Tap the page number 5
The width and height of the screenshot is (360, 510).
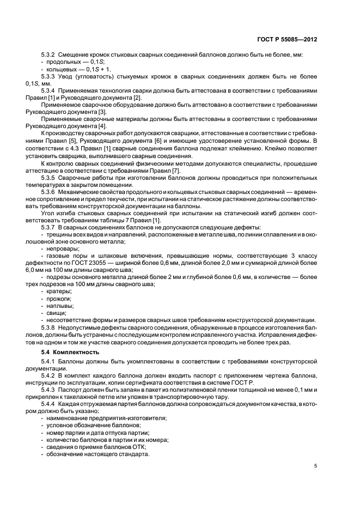click(x=316, y=466)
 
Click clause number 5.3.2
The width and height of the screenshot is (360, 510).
click(x=50, y=56)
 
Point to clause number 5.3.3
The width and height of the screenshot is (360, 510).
click(x=50, y=77)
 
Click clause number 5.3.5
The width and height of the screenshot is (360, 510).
click(x=50, y=178)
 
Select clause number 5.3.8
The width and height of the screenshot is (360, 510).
click(x=50, y=329)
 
